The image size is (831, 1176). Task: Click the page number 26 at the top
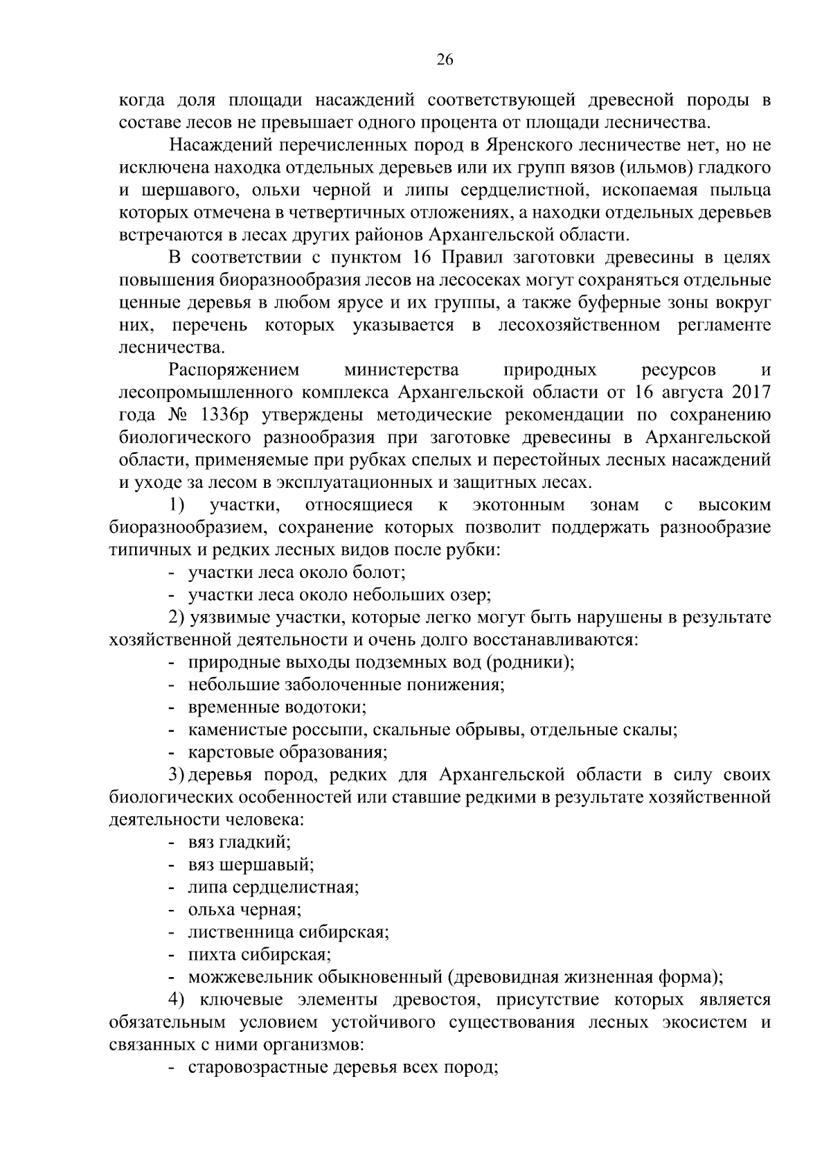(x=445, y=60)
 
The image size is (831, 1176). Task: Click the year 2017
(x=747, y=393)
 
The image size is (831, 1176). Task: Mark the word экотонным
(x=519, y=505)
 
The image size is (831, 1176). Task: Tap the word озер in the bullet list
(x=470, y=595)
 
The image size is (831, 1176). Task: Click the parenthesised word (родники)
(x=531, y=662)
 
